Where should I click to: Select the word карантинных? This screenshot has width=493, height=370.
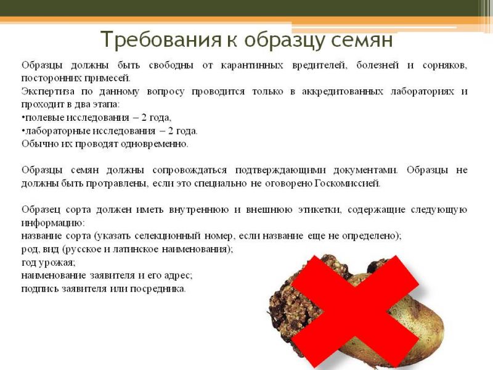tap(252, 65)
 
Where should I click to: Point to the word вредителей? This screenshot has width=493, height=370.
tap(319, 66)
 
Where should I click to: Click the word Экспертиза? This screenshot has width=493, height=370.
tap(48, 91)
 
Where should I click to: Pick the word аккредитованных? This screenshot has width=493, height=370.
tap(343, 91)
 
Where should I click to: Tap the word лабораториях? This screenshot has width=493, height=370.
tap(422, 91)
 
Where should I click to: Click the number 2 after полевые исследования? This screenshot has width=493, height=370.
tap(144, 118)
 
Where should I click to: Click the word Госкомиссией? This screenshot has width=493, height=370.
tap(348, 183)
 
